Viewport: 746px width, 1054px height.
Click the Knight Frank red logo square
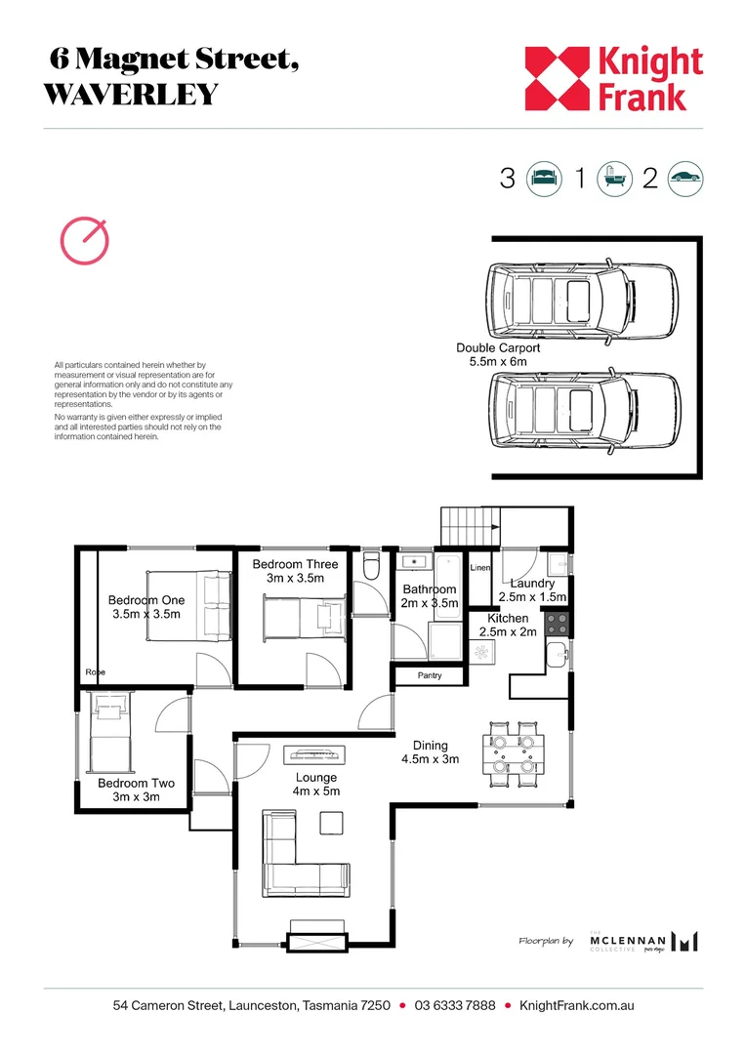(x=559, y=78)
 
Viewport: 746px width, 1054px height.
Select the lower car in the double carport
(x=583, y=407)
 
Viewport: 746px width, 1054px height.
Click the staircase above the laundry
(x=470, y=527)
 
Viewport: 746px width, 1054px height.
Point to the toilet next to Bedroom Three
(x=370, y=567)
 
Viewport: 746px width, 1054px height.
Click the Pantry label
(x=430, y=675)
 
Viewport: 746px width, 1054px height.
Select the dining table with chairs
(x=513, y=752)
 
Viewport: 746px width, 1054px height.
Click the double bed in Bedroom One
(x=189, y=606)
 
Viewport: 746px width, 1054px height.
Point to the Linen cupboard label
(x=479, y=567)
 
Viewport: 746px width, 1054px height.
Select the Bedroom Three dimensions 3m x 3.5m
(x=295, y=580)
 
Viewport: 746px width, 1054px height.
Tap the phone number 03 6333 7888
(x=455, y=1005)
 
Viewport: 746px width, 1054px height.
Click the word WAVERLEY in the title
(x=130, y=95)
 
